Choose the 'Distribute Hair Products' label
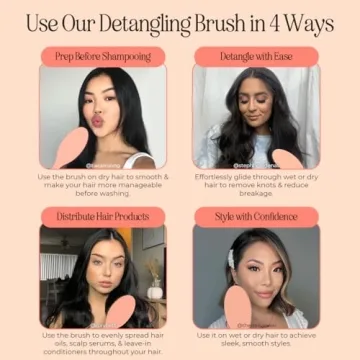[103, 215]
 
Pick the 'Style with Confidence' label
[256, 215]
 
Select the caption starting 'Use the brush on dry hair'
[103, 185]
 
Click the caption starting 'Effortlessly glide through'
[256, 185]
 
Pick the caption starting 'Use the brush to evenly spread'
[103, 342]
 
